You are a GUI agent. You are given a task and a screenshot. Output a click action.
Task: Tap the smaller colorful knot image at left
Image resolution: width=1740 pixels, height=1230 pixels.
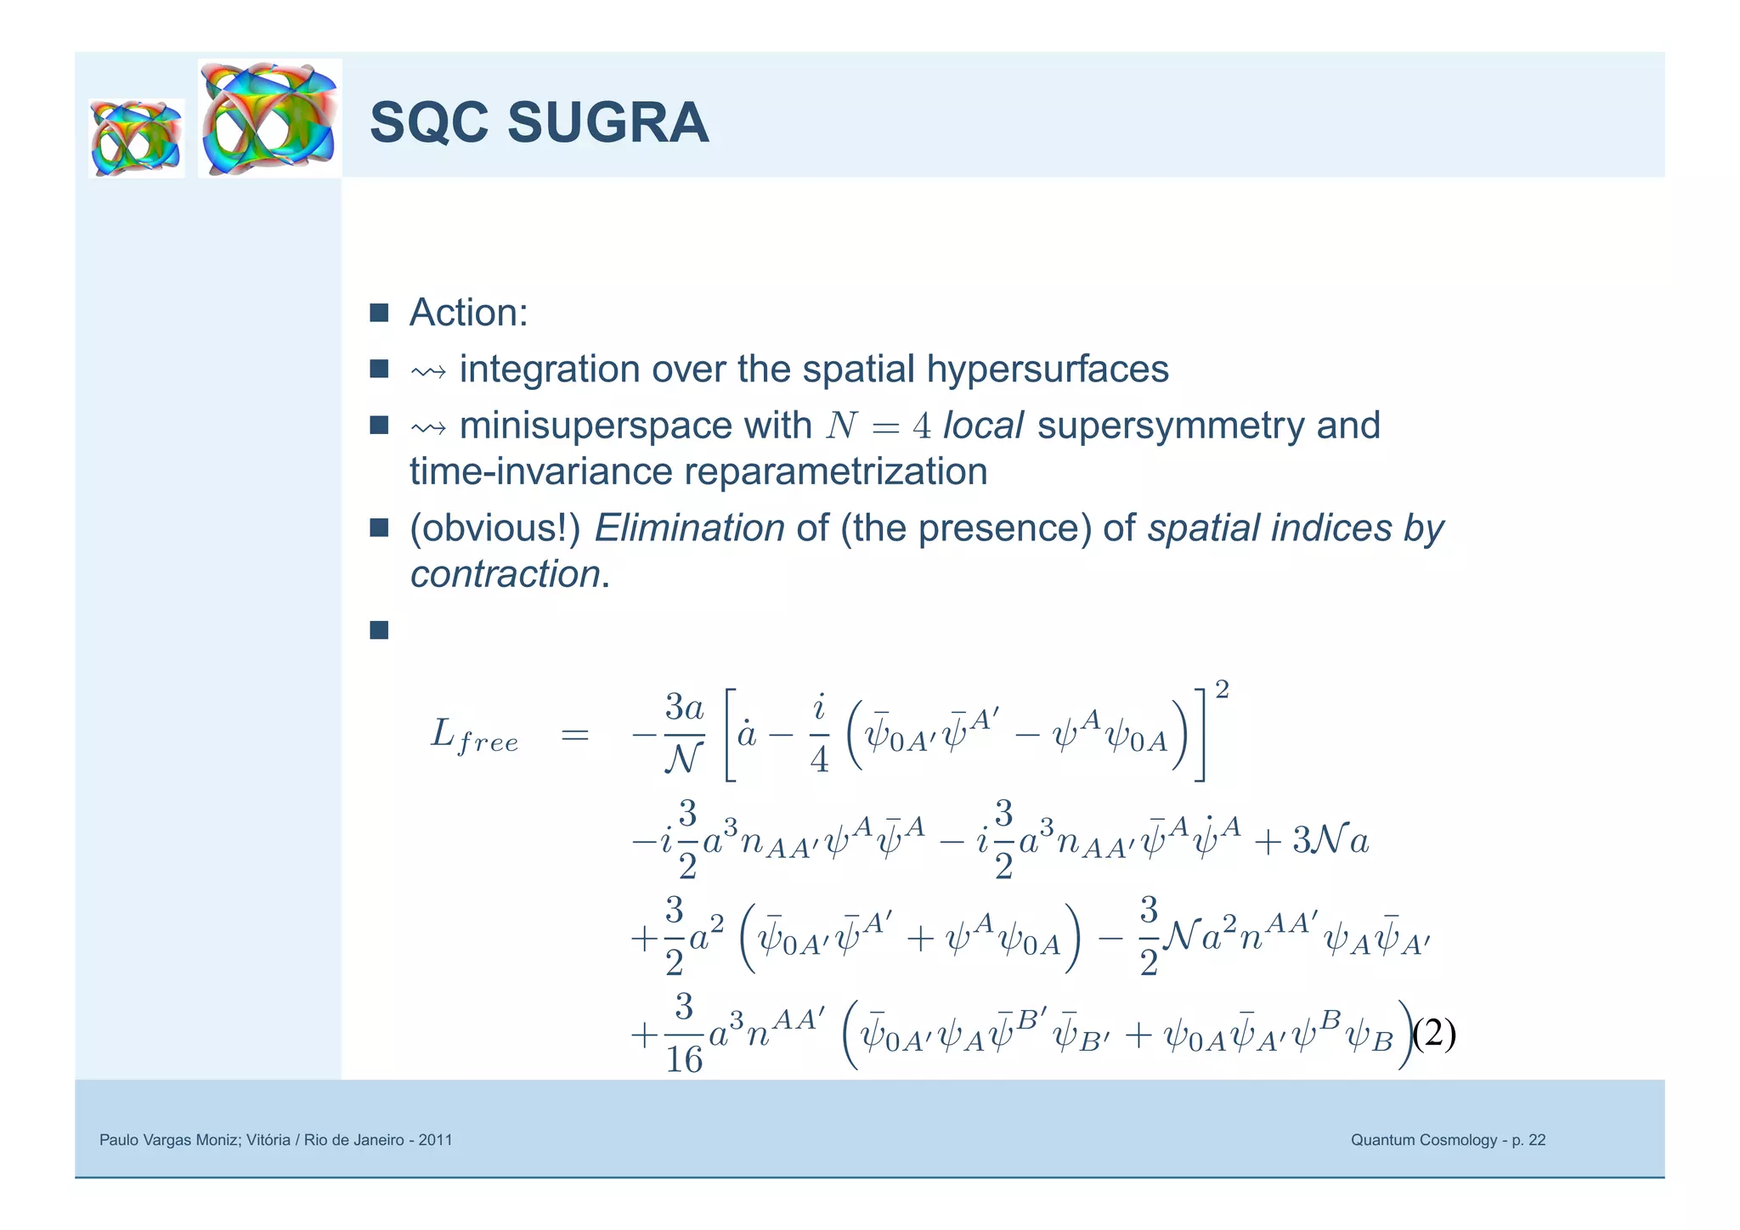(x=137, y=138)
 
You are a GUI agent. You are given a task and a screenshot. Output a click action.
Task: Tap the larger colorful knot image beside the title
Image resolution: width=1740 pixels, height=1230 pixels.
(x=270, y=118)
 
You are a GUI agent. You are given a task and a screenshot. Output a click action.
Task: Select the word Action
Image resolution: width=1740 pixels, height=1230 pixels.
(x=467, y=313)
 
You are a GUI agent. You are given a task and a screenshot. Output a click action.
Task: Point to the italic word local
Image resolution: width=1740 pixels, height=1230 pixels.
(x=983, y=426)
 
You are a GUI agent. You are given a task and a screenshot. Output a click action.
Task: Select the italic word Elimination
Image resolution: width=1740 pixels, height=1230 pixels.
(x=689, y=528)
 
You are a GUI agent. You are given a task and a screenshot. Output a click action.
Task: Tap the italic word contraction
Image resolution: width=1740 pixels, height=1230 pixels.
(x=505, y=575)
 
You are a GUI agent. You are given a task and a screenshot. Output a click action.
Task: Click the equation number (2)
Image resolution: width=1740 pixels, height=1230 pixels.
(x=1434, y=1034)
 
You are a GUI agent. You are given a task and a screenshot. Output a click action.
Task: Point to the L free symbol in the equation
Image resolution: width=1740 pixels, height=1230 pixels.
(x=473, y=736)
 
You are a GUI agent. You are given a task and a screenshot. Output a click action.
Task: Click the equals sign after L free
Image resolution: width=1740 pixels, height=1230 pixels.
(x=575, y=735)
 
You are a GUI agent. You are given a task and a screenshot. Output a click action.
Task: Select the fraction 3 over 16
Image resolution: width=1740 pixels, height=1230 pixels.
(x=684, y=1034)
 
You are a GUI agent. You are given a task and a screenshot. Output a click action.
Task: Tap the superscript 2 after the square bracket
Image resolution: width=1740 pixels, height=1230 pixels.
(x=1222, y=691)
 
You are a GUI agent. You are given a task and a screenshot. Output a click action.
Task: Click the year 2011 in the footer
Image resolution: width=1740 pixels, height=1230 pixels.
(x=434, y=1140)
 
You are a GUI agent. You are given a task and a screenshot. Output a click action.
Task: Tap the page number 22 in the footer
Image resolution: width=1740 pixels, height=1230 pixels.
(x=1536, y=1140)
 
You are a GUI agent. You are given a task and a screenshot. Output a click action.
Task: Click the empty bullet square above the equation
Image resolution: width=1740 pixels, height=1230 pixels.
(x=379, y=630)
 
